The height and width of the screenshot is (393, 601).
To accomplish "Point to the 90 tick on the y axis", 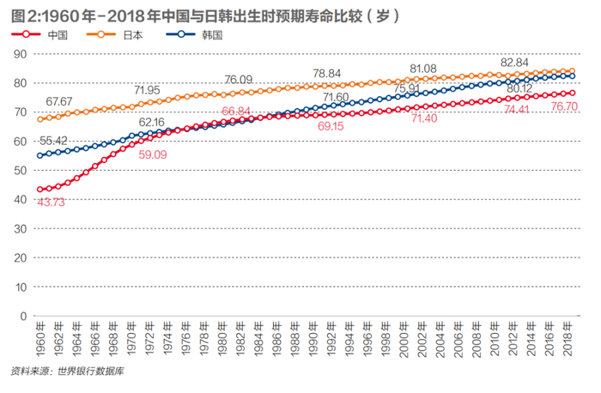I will coord(23,53).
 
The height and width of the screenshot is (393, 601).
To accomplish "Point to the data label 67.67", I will coord(59,102).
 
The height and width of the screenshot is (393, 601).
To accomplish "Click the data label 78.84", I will coord(327,74).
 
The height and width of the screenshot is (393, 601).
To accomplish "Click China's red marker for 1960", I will coord(40,189).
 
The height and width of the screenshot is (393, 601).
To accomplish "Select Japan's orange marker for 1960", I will coord(40,119).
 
